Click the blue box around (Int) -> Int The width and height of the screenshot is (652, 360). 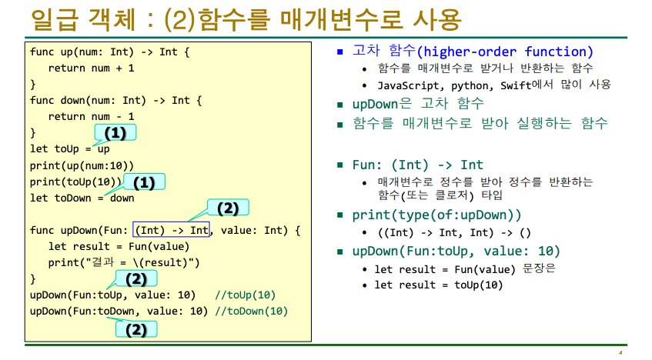click(171, 229)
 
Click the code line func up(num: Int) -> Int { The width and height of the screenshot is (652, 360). click(109, 52)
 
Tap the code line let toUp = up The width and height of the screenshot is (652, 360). click(69, 149)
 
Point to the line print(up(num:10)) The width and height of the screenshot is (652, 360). click(82, 165)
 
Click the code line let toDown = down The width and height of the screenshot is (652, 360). click(82, 198)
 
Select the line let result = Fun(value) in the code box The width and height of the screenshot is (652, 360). click(119, 246)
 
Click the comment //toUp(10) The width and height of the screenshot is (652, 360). click(246, 295)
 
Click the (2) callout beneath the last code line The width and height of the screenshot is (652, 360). click(135, 330)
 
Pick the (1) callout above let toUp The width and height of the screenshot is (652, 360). click(115, 133)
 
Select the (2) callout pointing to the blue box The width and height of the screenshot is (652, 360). click(228, 208)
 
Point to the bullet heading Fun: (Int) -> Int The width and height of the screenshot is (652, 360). click(417, 165)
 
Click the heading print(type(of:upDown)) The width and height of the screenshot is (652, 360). click(436, 215)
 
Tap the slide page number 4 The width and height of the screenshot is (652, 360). click(620, 352)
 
